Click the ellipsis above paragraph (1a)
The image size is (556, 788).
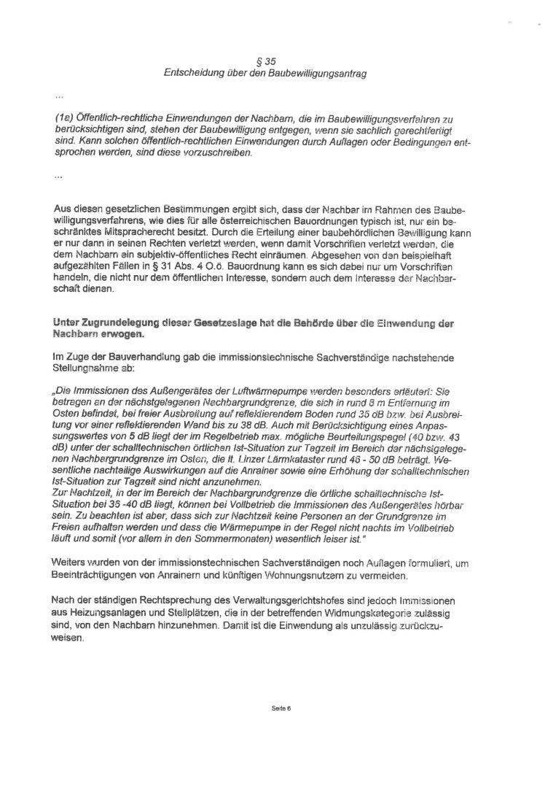click(x=58, y=95)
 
